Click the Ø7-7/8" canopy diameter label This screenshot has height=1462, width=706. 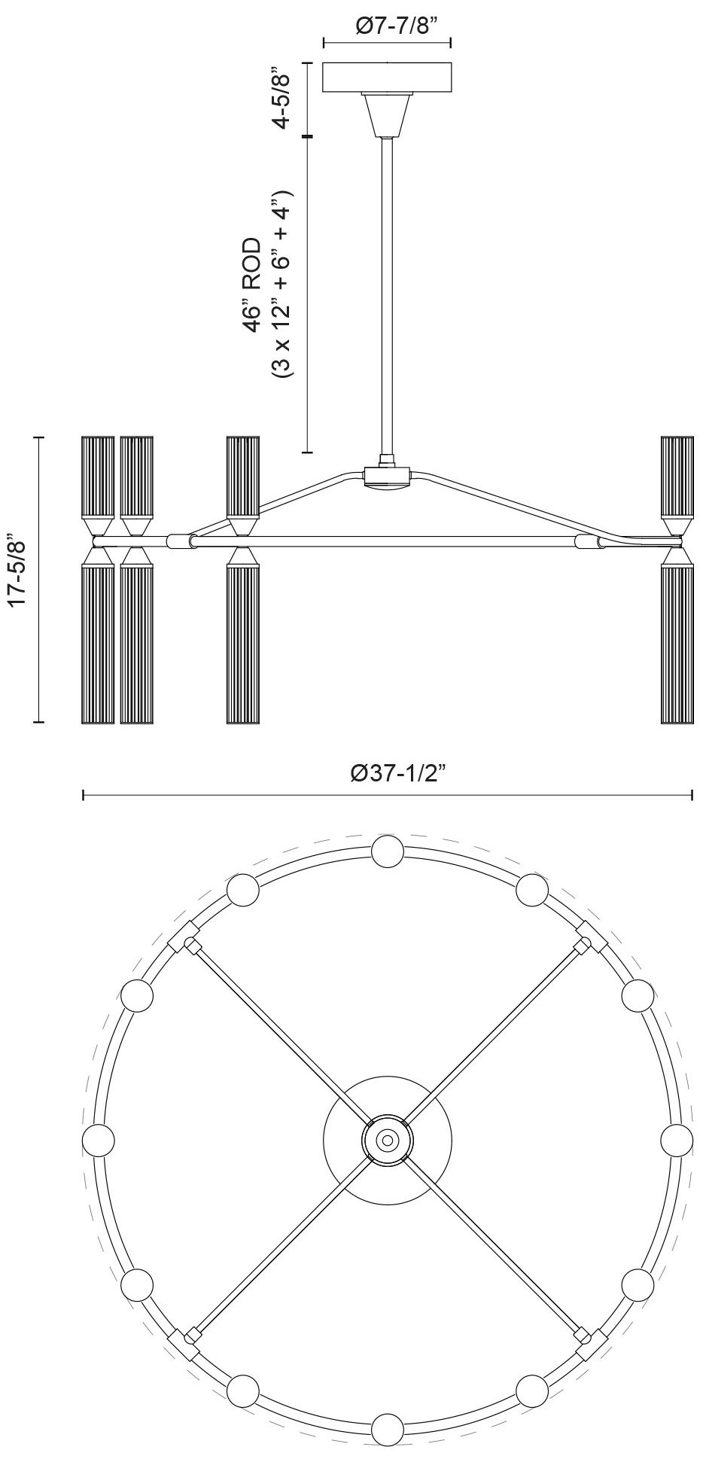[x=387, y=26]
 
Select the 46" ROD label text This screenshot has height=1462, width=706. [x=254, y=286]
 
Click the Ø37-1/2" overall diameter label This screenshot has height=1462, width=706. [x=387, y=772]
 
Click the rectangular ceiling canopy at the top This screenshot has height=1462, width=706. [x=387, y=78]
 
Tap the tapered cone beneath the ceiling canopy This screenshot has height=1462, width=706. [x=387, y=114]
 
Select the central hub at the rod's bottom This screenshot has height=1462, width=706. [x=387, y=477]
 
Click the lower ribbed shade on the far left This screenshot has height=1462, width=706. [x=97, y=644]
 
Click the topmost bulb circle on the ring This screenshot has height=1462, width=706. [x=388, y=853]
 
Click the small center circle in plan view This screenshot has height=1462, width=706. [x=387, y=1141]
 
